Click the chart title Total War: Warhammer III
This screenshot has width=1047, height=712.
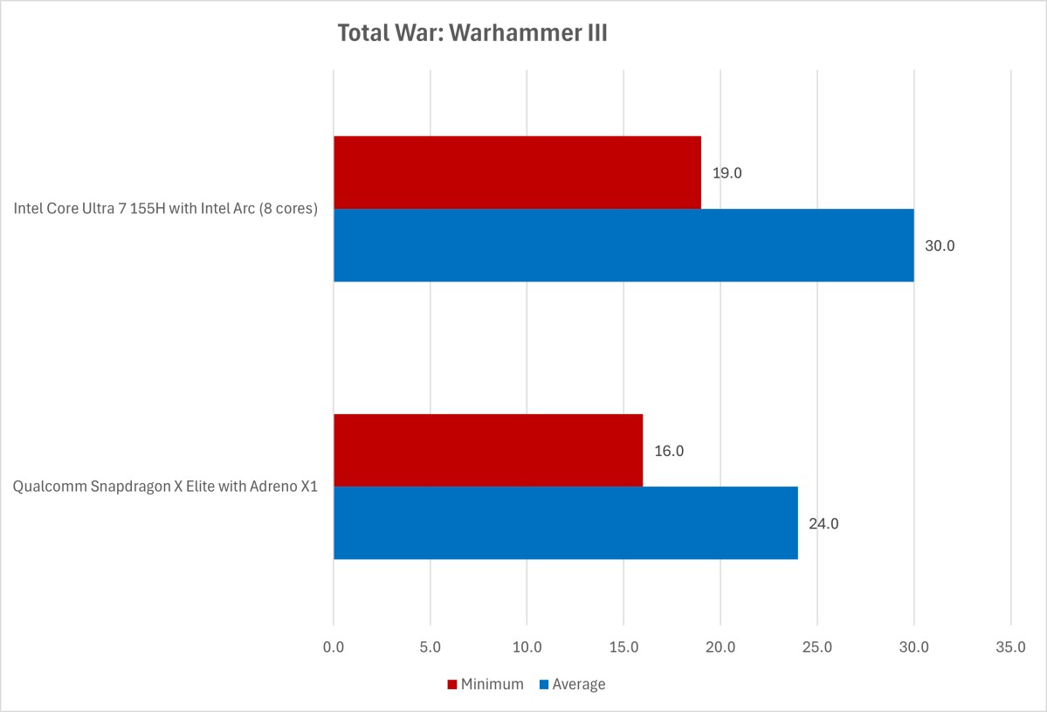click(472, 35)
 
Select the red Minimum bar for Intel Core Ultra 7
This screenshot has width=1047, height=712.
click(517, 172)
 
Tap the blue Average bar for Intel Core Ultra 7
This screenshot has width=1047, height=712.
click(623, 245)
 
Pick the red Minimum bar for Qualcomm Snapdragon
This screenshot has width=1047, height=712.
click(488, 451)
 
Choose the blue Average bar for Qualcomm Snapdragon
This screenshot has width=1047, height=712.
click(566, 523)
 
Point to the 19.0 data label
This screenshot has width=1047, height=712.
click(727, 173)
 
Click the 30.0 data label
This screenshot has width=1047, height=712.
click(940, 246)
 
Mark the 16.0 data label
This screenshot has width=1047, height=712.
click(669, 452)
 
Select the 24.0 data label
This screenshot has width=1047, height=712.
click(823, 524)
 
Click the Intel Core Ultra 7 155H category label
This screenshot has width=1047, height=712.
click(165, 210)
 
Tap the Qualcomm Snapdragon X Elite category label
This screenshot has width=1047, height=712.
click(165, 487)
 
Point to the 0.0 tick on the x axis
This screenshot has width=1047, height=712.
click(334, 647)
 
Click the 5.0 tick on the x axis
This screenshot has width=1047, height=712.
click(431, 647)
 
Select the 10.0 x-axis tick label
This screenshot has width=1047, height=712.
click(527, 647)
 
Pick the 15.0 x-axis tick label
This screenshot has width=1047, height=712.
click(623, 647)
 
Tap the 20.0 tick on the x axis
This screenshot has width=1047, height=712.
click(720, 647)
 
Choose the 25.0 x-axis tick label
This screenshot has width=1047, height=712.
click(816, 647)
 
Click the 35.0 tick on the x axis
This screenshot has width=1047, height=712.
click(1010, 647)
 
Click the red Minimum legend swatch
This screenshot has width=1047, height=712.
click(452, 685)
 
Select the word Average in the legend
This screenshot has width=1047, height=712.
click(578, 685)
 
